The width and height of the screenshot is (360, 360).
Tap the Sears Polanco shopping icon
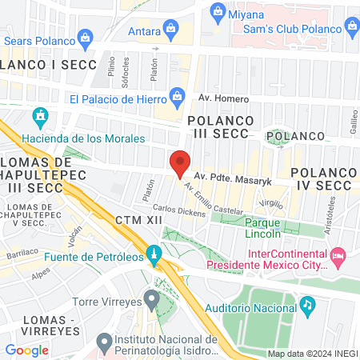pyautogui.click(x=86, y=35)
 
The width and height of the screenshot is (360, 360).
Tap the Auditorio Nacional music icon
pyautogui.click(x=307, y=306)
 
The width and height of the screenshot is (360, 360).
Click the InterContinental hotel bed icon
pyautogui.click(x=338, y=256)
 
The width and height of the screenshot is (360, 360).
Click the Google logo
pyautogui.click(x=26, y=350)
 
